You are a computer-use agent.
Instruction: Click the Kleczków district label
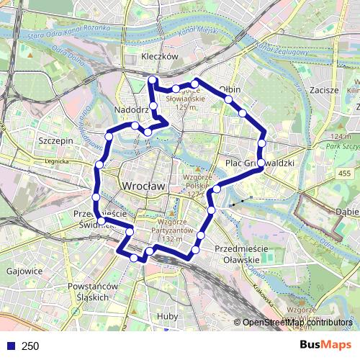tap(160, 56)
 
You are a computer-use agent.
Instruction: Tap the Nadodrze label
tap(131, 109)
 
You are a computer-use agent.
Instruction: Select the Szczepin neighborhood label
tap(57, 141)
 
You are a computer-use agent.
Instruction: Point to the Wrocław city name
tap(144, 185)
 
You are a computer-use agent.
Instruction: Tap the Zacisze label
tap(323, 90)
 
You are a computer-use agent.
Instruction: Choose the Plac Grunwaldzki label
tap(261, 163)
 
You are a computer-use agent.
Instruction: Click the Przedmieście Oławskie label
tap(241, 253)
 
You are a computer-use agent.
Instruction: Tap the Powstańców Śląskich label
tap(87, 292)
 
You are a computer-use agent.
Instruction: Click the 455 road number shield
tap(346, 174)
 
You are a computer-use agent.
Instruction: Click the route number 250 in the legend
tap(30, 346)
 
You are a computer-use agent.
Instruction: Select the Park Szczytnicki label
tap(344, 145)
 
